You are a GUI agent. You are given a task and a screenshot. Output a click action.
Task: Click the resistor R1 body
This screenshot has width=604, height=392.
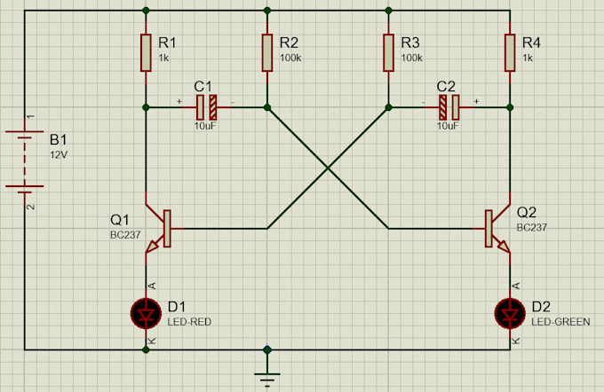pos(145,53)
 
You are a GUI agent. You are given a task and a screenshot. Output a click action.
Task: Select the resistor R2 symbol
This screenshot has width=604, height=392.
pos(266,53)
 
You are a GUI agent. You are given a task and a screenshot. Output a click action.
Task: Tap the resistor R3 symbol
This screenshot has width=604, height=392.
pos(388,53)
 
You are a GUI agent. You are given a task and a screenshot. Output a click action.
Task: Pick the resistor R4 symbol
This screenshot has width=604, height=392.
pos(510,53)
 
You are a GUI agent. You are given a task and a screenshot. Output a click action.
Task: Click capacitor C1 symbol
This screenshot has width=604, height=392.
pos(206,107)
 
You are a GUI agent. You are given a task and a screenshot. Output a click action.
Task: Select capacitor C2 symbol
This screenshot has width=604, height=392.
pos(449,107)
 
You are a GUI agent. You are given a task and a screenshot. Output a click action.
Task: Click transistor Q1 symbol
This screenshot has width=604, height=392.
pos(160,228)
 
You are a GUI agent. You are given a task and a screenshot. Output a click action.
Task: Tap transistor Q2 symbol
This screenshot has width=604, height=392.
pos(496,228)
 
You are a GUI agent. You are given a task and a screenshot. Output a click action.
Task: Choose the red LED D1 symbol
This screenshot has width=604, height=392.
pos(145,312)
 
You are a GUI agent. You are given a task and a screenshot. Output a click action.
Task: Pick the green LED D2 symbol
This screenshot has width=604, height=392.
pos(510,312)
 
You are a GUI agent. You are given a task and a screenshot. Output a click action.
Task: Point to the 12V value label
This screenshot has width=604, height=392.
pos(59,154)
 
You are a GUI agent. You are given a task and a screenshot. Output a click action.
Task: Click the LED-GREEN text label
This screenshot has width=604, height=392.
pos(560,321)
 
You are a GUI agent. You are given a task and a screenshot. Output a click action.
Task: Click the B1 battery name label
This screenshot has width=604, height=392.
pos(58,140)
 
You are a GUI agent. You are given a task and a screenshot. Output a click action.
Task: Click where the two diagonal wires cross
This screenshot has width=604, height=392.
pos(328,168)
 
